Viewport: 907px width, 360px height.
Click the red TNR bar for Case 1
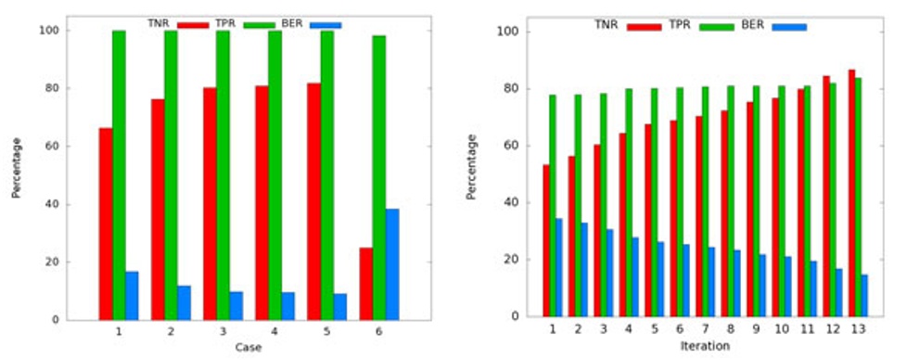click(106, 224)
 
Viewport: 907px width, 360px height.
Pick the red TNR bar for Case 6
click(366, 283)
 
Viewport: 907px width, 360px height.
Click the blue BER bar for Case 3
click(236, 305)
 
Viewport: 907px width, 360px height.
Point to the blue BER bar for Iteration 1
click(558, 267)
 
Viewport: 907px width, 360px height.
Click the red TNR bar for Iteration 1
click(546, 240)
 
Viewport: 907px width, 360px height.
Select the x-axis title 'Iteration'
click(705, 346)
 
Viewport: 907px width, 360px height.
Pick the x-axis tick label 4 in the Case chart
click(275, 331)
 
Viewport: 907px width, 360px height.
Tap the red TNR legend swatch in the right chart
click(643, 26)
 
